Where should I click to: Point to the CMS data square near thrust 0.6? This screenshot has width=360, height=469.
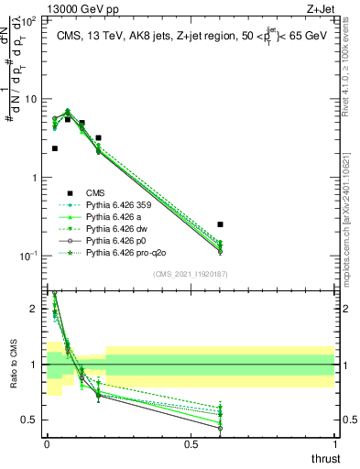pyautogui.click(x=220, y=224)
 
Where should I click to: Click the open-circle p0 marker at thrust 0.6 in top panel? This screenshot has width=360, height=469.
pyautogui.click(x=220, y=252)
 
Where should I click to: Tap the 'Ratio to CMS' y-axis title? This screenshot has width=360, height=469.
pyautogui.click(x=12, y=366)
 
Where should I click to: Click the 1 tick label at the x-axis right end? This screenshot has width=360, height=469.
pyautogui.click(x=334, y=445)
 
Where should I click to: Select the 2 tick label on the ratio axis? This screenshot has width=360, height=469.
pyautogui.click(x=34, y=309)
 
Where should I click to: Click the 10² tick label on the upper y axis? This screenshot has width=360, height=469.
pyautogui.click(x=27, y=20)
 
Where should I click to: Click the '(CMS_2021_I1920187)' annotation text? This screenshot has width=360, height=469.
pyautogui.click(x=190, y=273)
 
